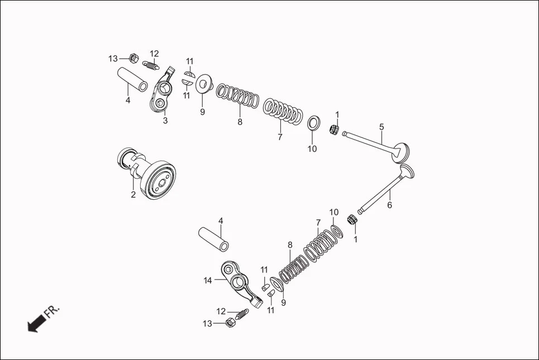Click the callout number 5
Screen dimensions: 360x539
pyautogui.click(x=381, y=127)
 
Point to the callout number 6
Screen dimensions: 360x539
pyautogui.click(x=389, y=205)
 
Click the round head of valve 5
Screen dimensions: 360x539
pyautogui.click(x=402, y=152)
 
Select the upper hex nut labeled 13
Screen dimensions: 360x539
pyautogui.click(x=133, y=57)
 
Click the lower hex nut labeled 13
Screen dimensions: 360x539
pyautogui.click(x=229, y=323)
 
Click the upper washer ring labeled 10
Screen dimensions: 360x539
pyautogui.click(x=314, y=122)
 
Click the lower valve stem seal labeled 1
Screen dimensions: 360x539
pyautogui.click(x=352, y=219)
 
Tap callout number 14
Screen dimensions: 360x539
pyautogui.click(x=208, y=280)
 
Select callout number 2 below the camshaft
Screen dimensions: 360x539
pyautogui.click(x=133, y=195)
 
